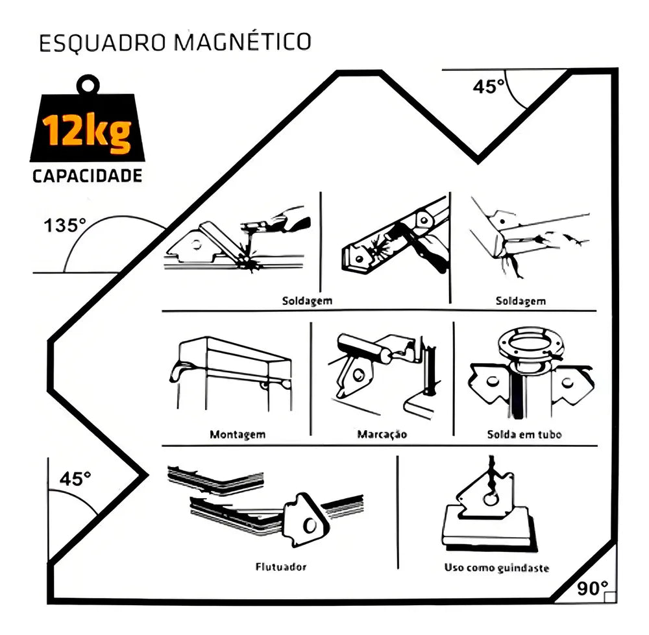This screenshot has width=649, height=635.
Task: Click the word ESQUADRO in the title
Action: tap(103, 43)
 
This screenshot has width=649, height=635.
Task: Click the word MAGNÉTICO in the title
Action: tap(243, 41)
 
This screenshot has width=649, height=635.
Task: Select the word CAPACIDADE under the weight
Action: tap(88, 176)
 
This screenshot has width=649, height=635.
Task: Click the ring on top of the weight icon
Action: tap(88, 85)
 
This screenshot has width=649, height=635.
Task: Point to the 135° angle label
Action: tap(64, 226)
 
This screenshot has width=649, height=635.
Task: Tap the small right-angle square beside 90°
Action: tap(610, 597)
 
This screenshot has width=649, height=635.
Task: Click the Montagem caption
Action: tap(238, 435)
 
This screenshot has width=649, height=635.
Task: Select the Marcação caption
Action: tap(382, 435)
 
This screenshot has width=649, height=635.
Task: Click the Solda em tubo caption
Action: tap(524, 435)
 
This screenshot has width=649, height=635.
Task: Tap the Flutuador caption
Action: tap(281, 567)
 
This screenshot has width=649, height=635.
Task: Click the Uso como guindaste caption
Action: tap(496, 568)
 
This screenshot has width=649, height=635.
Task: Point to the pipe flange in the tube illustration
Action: tap(531, 345)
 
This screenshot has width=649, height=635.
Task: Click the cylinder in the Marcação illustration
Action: tap(363, 349)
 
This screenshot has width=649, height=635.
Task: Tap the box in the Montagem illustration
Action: tap(235, 359)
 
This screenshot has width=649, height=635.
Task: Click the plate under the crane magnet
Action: tap(489, 529)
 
